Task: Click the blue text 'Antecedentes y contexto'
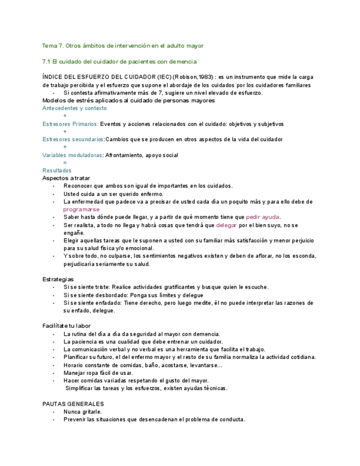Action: point(75,108)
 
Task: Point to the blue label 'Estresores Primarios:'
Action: point(70,124)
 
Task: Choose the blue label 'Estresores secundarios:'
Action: point(73,140)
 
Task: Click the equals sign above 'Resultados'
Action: point(65,163)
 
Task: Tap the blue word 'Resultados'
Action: point(57,170)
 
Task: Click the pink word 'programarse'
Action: point(81,209)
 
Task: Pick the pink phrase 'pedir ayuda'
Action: point(263,217)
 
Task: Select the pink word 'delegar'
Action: point(226,225)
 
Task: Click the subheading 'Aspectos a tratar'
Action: point(66,178)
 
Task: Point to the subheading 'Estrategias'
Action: point(58,279)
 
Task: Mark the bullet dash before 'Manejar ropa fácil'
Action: point(53,373)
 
